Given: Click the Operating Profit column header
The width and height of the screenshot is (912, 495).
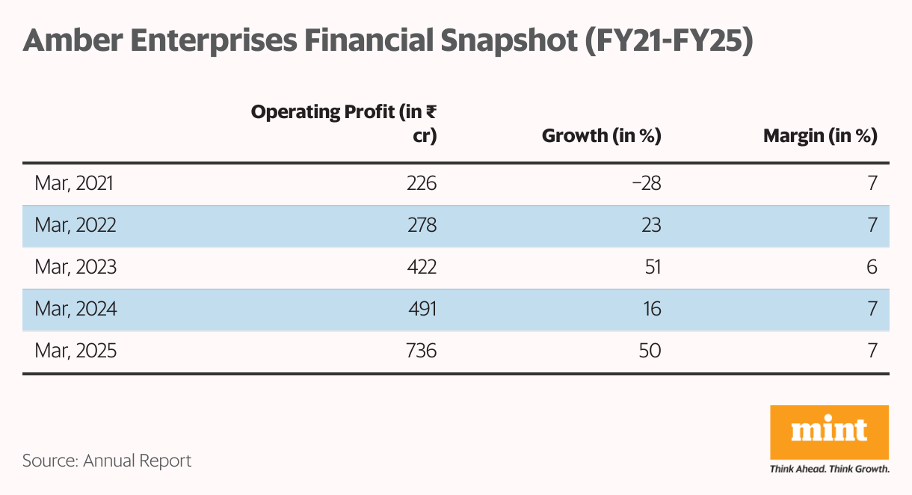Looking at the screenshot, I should point(344,124).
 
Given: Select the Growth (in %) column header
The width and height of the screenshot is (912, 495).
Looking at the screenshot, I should point(601,136).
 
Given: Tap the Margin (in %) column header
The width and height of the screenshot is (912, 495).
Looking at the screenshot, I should point(819,136).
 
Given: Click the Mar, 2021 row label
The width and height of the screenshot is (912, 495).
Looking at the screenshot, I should point(75,183).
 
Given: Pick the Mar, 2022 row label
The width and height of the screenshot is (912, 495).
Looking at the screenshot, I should point(75,225).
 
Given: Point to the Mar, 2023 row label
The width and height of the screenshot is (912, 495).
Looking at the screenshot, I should point(75,267).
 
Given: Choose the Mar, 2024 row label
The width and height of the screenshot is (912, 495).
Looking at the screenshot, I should point(75,309).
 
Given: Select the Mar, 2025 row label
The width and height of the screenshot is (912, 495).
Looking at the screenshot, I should point(75,350).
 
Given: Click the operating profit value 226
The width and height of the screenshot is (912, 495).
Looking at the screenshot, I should point(421,183).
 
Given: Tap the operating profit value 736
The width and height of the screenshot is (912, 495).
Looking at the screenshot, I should point(421,350).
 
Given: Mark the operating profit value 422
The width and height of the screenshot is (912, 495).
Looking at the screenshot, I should point(421,267).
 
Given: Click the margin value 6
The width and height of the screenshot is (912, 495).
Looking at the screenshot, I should point(870,267).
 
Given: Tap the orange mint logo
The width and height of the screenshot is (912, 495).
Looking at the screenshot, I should point(829,431).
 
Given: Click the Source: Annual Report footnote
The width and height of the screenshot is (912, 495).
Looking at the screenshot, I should point(107,461).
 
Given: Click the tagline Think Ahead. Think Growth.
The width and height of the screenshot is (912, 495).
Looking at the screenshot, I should point(829,470).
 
